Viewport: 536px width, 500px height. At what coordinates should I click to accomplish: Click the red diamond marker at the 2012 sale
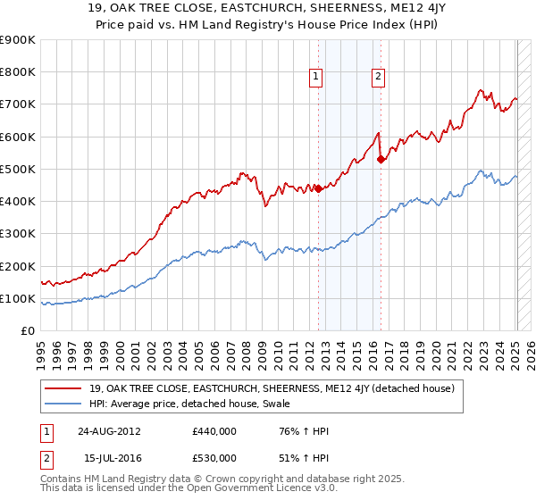click(318, 187)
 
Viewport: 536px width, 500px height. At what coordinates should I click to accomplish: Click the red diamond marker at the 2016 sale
click(381, 160)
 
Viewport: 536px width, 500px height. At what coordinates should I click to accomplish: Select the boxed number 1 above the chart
click(317, 78)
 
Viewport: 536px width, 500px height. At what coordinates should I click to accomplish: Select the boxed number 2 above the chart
click(379, 78)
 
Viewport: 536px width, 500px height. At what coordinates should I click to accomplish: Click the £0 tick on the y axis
click(26, 330)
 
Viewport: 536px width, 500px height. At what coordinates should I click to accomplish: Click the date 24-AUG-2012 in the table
click(111, 431)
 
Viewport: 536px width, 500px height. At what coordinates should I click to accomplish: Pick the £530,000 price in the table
click(214, 458)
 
